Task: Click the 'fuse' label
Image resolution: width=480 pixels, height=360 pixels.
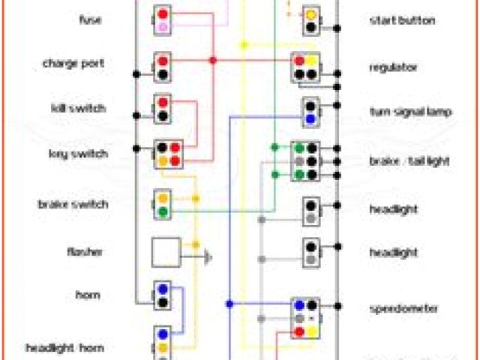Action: coord(90,19)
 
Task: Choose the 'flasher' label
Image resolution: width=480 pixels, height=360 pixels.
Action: coord(88,252)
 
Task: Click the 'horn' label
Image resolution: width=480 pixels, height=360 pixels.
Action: coord(88,295)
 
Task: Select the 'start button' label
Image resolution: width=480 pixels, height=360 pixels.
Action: coord(401,20)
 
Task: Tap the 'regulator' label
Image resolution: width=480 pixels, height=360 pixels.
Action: coord(393,67)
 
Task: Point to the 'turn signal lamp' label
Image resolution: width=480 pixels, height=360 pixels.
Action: coord(410,112)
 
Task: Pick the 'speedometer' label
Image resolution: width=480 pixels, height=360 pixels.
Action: coord(404,307)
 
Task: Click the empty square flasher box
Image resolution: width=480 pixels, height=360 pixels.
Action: coord(166,252)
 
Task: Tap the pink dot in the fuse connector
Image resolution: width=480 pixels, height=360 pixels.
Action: coord(163,27)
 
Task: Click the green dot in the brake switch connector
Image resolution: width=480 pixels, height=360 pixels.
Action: coord(163,212)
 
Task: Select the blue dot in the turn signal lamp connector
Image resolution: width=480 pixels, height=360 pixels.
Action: coord(310,118)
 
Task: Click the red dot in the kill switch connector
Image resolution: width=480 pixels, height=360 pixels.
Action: coord(163,102)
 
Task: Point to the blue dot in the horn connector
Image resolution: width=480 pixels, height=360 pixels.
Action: coord(163,289)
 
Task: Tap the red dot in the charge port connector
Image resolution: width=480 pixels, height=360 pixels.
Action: coord(163,60)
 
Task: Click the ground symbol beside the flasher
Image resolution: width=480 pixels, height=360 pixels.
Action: coord(208,257)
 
